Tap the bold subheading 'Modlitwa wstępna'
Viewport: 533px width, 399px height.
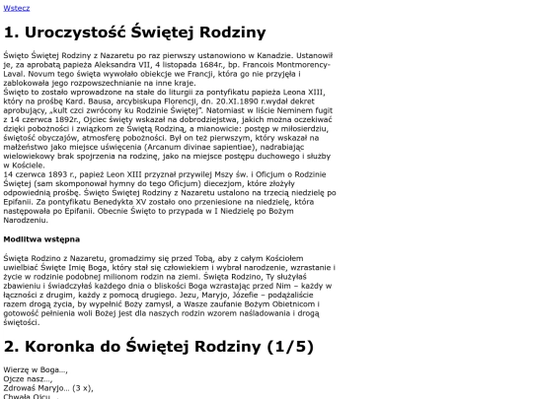[41, 238]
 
